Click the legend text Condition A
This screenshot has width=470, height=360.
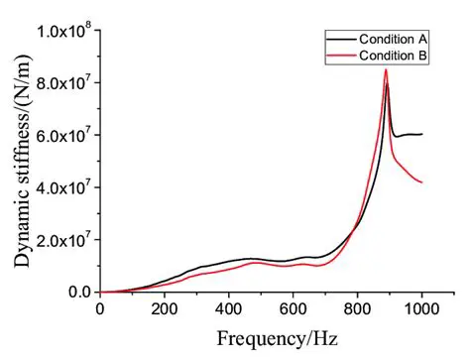click(393, 38)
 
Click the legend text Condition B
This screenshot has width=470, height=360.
click(393, 57)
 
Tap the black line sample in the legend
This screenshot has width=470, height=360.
click(340, 38)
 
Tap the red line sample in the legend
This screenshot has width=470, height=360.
click(340, 57)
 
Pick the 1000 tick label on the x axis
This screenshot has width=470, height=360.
click(421, 308)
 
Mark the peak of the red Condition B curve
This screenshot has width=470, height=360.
click(386, 69)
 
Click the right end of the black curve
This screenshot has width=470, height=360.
click(422, 134)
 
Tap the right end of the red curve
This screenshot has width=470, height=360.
click(422, 182)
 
